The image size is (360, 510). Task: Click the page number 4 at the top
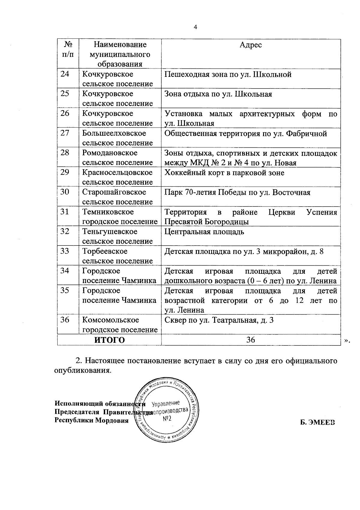[196, 27]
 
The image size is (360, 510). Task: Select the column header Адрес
[251, 45]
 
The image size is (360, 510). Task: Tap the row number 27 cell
[65, 133]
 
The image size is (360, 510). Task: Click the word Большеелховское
[114, 133]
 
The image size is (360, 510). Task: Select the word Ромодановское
[110, 153]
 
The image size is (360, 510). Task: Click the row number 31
[65, 212]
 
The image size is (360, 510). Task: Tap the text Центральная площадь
[204, 232]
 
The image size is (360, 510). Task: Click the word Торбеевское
[105, 251]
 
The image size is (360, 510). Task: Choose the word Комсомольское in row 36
[111, 320]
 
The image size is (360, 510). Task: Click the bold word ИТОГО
[109, 340]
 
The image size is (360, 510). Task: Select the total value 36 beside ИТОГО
[250, 340]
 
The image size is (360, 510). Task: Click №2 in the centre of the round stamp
[167, 418]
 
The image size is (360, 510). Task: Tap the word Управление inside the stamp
[166, 403]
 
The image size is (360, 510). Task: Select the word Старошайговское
[114, 192]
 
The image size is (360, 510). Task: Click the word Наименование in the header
[120, 45]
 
